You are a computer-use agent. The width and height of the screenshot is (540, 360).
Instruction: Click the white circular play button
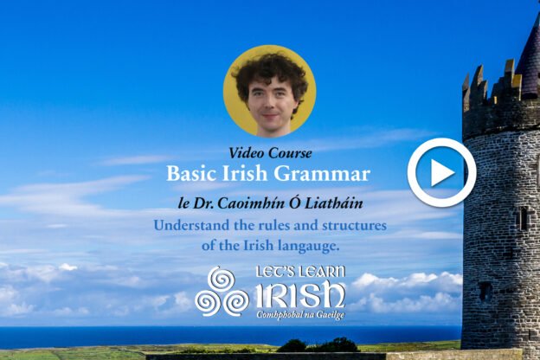tap(442, 172)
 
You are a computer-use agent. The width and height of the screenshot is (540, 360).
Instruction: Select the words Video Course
tap(270, 153)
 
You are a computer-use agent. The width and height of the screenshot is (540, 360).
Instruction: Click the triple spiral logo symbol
tap(221, 292)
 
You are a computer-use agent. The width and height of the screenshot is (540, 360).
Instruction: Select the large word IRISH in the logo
tap(300, 294)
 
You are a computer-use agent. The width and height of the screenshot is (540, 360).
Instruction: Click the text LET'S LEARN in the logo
tap(300, 272)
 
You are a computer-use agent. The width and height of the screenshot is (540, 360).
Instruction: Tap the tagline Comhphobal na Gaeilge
tap(300, 315)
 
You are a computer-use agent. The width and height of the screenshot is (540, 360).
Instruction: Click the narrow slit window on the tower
tap(524, 218)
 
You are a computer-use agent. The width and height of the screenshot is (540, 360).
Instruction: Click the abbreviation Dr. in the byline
tap(203, 203)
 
